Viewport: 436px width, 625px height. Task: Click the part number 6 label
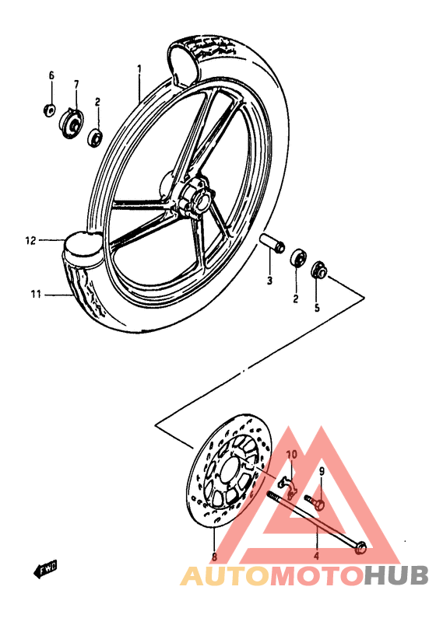(x=52, y=75)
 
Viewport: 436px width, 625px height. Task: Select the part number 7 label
(x=77, y=84)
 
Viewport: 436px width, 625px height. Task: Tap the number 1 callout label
(x=139, y=69)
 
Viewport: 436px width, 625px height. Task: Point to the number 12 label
(x=30, y=241)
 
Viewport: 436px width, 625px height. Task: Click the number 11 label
(x=36, y=295)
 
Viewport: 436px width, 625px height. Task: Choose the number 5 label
(x=317, y=308)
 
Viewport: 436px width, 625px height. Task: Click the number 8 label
(x=215, y=557)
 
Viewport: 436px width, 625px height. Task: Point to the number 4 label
(x=316, y=557)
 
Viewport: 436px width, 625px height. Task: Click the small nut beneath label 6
(x=49, y=109)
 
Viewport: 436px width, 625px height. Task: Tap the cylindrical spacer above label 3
(x=270, y=244)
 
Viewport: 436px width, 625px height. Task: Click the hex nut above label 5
(x=318, y=271)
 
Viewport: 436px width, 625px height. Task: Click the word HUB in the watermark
(x=396, y=576)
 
